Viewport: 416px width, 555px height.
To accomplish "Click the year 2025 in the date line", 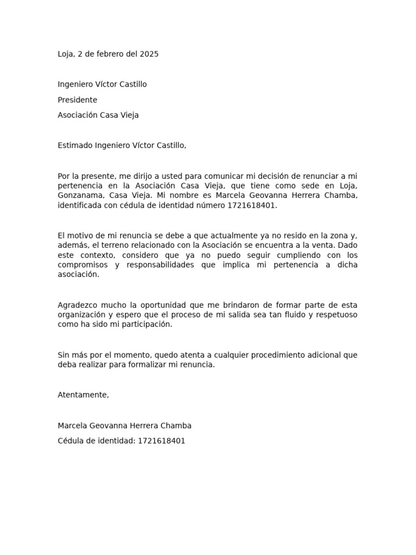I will [149, 54].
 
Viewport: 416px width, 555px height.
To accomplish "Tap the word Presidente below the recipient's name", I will [77, 100].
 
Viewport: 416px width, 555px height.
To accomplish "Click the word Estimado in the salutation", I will [75, 145].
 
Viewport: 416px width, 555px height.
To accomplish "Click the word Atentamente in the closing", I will [83, 395].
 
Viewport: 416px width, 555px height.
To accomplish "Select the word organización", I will [82, 315].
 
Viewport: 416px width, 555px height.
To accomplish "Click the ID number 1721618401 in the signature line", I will [161, 441].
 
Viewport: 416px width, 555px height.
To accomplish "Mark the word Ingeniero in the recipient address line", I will [75, 85].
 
